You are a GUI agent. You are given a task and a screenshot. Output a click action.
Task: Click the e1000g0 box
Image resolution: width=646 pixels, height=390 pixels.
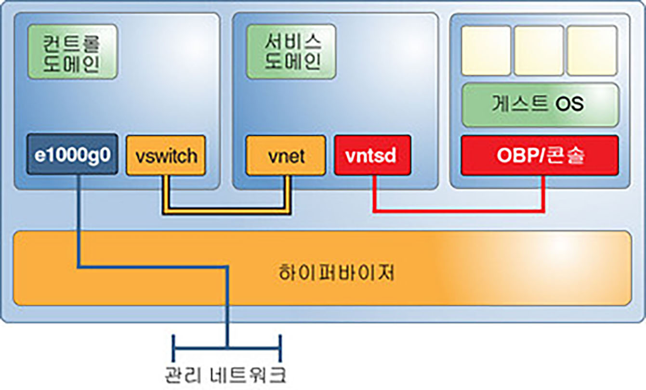pyautogui.click(x=72, y=155)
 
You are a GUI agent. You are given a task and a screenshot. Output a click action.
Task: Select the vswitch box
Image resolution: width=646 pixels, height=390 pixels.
pyautogui.click(x=166, y=156)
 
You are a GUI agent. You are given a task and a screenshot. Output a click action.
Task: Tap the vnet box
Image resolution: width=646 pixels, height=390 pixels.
pyautogui.click(x=286, y=156)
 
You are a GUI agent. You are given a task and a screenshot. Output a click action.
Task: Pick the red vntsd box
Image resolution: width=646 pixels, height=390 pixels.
pyautogui.click(x=372, y=155)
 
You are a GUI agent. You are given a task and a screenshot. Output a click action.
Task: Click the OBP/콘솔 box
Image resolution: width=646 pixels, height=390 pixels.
pyautogui.click(x=540, y=155)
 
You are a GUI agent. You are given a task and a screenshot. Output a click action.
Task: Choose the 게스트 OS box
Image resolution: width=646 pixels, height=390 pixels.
pyautogui.click(x=540, y=105)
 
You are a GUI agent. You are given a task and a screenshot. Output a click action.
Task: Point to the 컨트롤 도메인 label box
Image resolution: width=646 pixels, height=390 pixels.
pyautogui.click(x=73, y=52)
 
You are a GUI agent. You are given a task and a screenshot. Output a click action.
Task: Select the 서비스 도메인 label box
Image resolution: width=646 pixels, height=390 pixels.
pyautogui.click(x=291, y=52)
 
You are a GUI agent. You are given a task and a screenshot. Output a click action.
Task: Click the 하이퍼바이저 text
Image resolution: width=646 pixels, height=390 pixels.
pyautogui.click(x=336, y=273)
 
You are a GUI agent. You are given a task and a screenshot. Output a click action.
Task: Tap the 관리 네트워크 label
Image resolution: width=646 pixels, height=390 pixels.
pyautogui.click(x=225, y=375)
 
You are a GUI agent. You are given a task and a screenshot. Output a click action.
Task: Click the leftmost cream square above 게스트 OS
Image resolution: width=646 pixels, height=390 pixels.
pyautogui.click(x=486, y=51)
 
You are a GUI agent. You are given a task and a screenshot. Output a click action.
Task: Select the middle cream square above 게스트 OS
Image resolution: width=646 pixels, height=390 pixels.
pyautogui.click(x=539, y=51)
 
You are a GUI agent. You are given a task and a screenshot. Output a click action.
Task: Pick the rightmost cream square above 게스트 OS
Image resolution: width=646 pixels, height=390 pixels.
pyautogui.click(x=593, y=51)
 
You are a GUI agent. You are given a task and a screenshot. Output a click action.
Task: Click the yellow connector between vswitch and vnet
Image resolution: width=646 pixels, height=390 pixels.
pyautogui.click(x=227, y=211)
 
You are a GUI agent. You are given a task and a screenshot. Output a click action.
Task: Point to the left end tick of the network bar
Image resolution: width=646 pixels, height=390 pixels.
pyautogui.click(x=173, y=349)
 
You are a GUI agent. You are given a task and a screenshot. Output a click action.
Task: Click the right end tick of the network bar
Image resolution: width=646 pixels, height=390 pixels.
pyautogui.click(x=280, y=349)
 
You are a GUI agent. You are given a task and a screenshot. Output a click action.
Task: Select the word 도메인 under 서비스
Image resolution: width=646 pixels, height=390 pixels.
pyautogui.click(x=292, y=62)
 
